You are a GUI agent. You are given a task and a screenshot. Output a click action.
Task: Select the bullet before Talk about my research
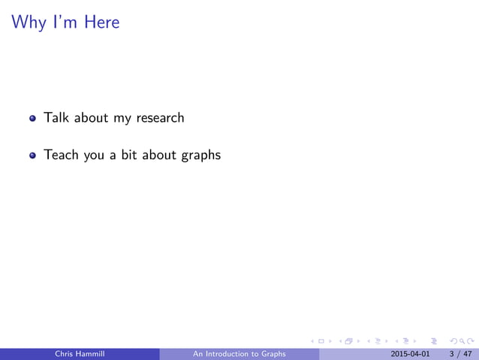pos(33,119)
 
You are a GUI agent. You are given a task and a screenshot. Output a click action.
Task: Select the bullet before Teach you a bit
pos(33,156)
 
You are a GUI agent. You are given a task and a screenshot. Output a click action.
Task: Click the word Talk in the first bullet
pos(56,118)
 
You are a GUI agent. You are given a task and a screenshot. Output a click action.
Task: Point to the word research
pos(159,118)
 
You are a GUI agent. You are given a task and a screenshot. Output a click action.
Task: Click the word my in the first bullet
pos(122,119)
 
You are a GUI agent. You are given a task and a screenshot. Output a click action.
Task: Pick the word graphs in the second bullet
pos(200,156)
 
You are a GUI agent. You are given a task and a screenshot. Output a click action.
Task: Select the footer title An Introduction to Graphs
pos(239,353)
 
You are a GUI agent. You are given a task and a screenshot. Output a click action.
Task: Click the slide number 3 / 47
pos(458,353)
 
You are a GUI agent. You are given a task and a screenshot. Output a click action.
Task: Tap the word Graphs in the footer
pos(272,353)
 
